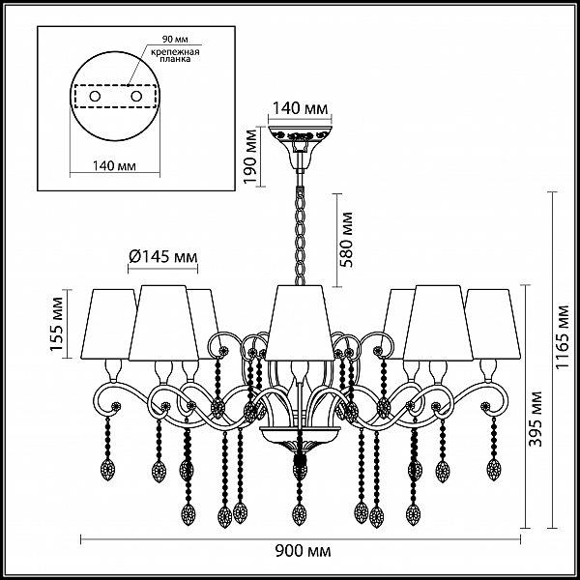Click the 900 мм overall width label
pyautogui.click(x=303, y=552)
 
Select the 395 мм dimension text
pyautogui.click(x=536, y=420)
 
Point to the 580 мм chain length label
pyautogui.click(x=347, y=240)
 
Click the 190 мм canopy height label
pyautogui.click(x=251, y=157)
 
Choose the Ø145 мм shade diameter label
pyautogui.click(x=163, y=256)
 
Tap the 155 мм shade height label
pyautogui.click(x=57, y=324)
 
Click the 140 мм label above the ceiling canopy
pyautogui.click(x=300, y=108)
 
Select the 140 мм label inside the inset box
pyautogui.click(x=114, y=166)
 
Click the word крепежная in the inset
pyautogui.click(x=175, y=51)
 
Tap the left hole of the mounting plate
pyautogui.click(x=95, y=97)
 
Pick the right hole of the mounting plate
pyautogui.click(x=136, y=97)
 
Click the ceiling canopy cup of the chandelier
pyautogui.click(x=300, y=147)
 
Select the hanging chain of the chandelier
pyautogui.click(x=300, y=236)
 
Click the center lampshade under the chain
pyautogui.click(x=300, y=322)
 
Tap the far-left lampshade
pyautogui.click(x=107, y=324)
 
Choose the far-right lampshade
pyautogui.click(x=493, y=324)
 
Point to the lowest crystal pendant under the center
pyautogui.click(x=300, y=514)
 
